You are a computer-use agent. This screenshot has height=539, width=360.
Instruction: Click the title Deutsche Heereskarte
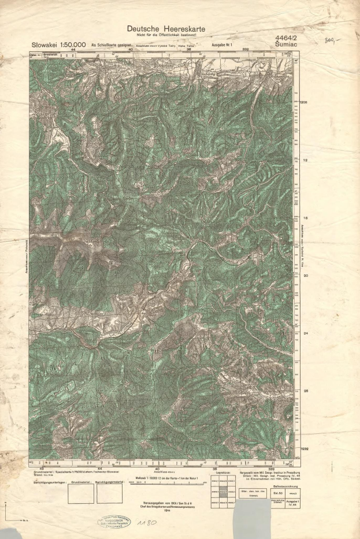(166, 29)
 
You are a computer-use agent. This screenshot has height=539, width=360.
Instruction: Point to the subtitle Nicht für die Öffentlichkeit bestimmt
(166, 36)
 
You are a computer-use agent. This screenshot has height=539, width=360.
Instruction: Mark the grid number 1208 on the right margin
(304, 102)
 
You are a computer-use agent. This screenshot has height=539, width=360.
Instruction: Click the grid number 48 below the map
(40, 469)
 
